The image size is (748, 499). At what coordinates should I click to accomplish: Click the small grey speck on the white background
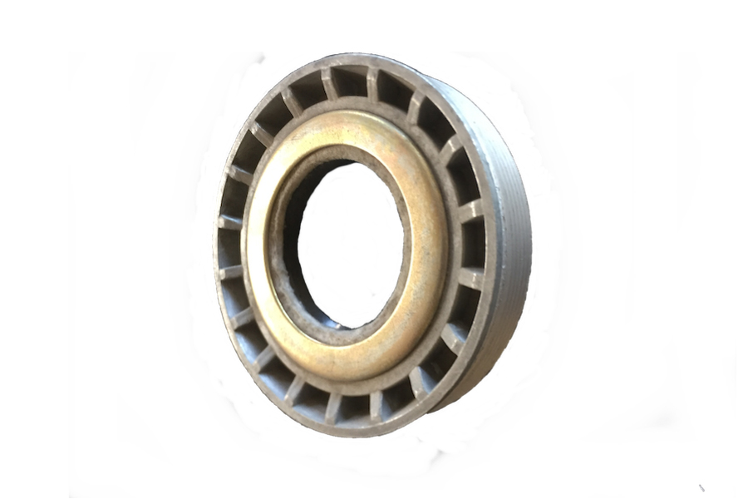701,487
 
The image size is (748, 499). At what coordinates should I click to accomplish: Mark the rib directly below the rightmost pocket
470,279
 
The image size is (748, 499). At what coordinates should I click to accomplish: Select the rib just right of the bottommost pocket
375,405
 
